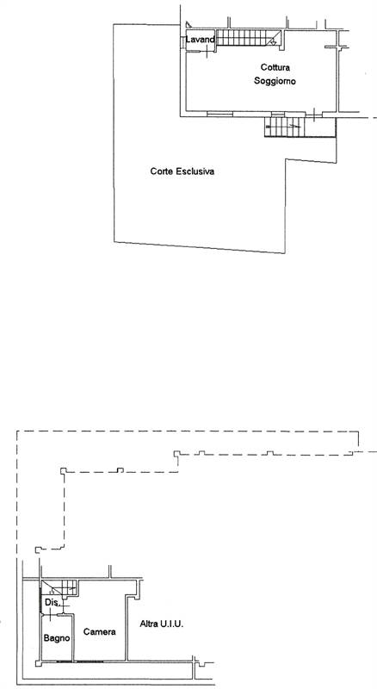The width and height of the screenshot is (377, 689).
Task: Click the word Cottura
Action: pos(275,68)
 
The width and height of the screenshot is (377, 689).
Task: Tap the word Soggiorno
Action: pos(275,81)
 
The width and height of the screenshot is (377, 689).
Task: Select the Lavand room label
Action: pos(200,40)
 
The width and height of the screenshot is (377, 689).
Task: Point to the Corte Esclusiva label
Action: pos(182,171)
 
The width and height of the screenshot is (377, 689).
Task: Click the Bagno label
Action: pos(57,638)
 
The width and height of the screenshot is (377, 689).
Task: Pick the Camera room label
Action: pos(100,632)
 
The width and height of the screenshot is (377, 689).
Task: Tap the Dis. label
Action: pos(52,603)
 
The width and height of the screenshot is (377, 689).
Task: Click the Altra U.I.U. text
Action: pos(162,624)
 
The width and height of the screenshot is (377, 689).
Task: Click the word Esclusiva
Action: pos(195,171)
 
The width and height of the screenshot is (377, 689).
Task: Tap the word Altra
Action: pos(148,624)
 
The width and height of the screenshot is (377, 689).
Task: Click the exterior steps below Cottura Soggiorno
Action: pos(285,127)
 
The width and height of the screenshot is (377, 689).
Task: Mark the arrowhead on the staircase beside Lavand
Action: pos(274,42)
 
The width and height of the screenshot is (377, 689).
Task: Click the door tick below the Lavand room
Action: pos(207,52)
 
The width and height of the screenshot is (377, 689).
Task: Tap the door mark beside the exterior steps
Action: pos(315,115)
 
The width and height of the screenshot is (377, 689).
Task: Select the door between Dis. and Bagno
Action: pos(51,614)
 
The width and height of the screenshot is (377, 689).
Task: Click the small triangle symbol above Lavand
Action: pos(188,25)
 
